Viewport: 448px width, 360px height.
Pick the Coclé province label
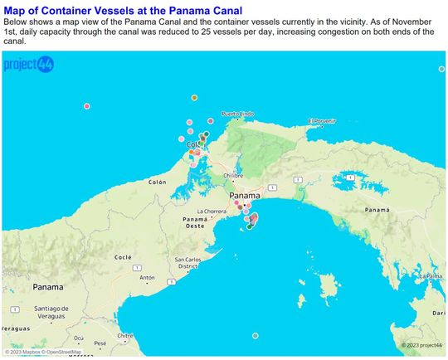click(122, 257)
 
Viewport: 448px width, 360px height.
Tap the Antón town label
click(147, 277)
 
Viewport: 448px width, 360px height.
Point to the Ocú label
click(79, 338)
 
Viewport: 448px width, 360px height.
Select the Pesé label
click(100, 343)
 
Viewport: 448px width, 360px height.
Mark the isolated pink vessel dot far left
click(86, 105)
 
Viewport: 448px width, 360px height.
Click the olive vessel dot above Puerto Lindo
click(194, 97)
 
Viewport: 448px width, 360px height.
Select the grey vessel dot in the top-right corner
click(441, 68)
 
